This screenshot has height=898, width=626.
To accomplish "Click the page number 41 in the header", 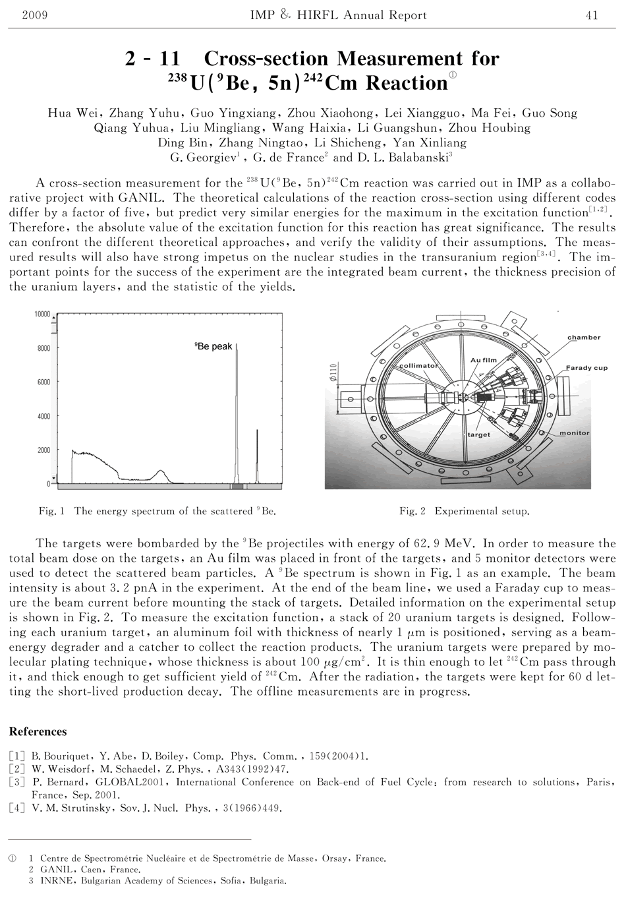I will tap(591, 15).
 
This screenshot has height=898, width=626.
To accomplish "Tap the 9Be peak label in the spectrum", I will tap(213, 346).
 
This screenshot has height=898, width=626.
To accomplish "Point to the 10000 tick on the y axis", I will tap(42, 314).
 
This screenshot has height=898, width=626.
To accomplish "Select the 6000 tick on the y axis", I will tap(43, 382).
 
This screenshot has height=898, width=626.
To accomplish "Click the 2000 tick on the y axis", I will tap(43, 450).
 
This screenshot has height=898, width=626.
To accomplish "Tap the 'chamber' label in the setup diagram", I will tap(584, 338).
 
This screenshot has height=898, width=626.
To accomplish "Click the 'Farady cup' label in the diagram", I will tap(586, 368).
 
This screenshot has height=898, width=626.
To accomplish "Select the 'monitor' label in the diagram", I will tap(574, 433).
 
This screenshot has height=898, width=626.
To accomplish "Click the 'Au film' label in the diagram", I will tap(484, 360).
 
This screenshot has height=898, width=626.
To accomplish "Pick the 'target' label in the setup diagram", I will tap(479, 435).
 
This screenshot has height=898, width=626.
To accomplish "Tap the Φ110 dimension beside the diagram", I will tap(334, 376).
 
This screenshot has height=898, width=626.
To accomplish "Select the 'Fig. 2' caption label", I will tap(413, 511).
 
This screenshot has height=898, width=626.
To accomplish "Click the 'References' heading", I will tap(38, 732).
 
